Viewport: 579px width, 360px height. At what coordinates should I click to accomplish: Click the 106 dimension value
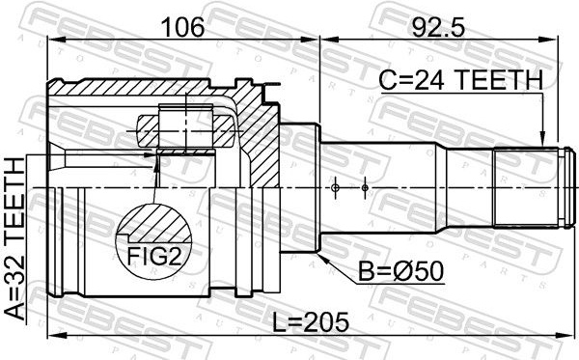(182, 27)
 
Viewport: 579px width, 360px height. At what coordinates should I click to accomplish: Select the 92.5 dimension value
(437, 27)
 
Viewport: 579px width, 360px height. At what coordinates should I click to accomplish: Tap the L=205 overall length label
(310, 321)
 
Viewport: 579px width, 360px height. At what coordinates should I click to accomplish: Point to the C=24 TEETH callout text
(461, 80)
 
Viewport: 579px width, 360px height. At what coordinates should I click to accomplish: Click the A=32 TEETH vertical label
(14, 238)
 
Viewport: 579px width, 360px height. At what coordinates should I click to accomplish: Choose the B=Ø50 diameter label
(401, 272)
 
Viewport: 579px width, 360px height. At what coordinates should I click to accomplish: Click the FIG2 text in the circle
(154, 256)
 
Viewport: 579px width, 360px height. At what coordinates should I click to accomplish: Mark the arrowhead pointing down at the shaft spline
(542, 139)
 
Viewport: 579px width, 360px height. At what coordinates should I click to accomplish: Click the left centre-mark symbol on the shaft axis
(335, 188)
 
